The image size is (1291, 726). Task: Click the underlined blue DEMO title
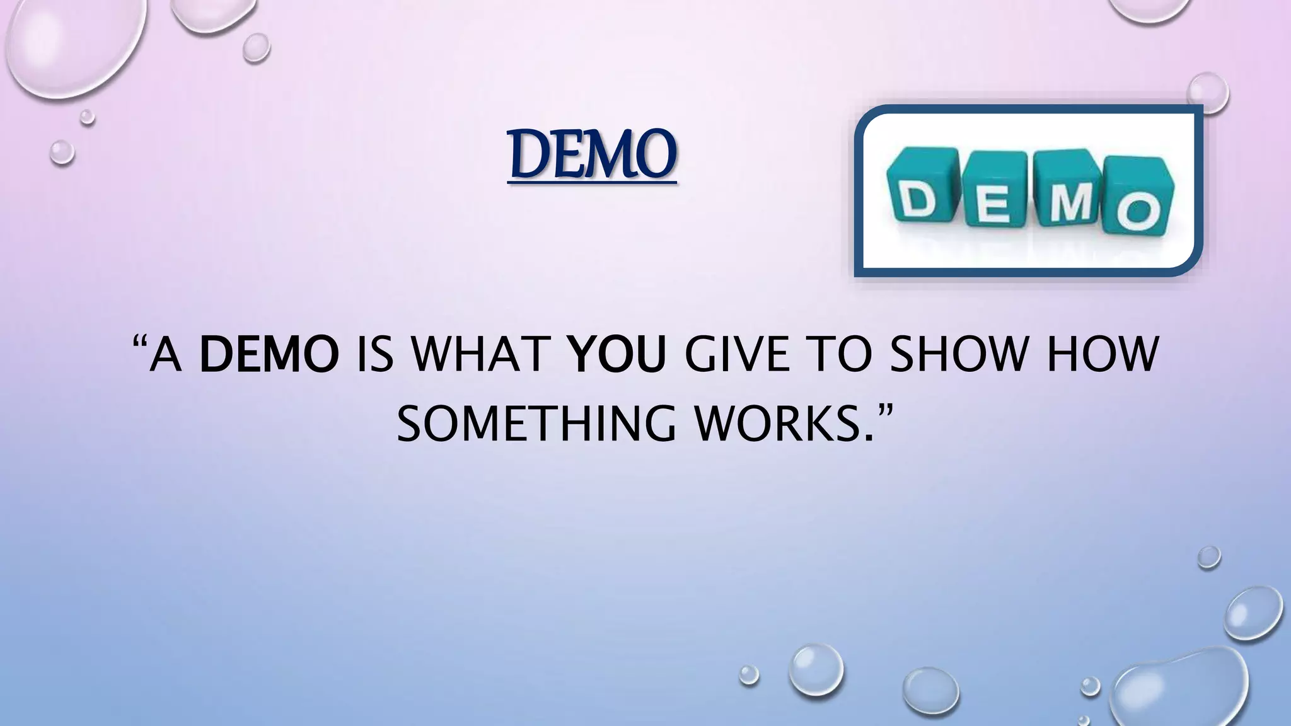pos(592,154)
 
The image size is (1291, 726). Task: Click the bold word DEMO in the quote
pos(269,355)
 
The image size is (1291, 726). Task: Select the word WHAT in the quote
pos(480,355)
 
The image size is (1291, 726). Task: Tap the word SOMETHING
pos(536,424)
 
